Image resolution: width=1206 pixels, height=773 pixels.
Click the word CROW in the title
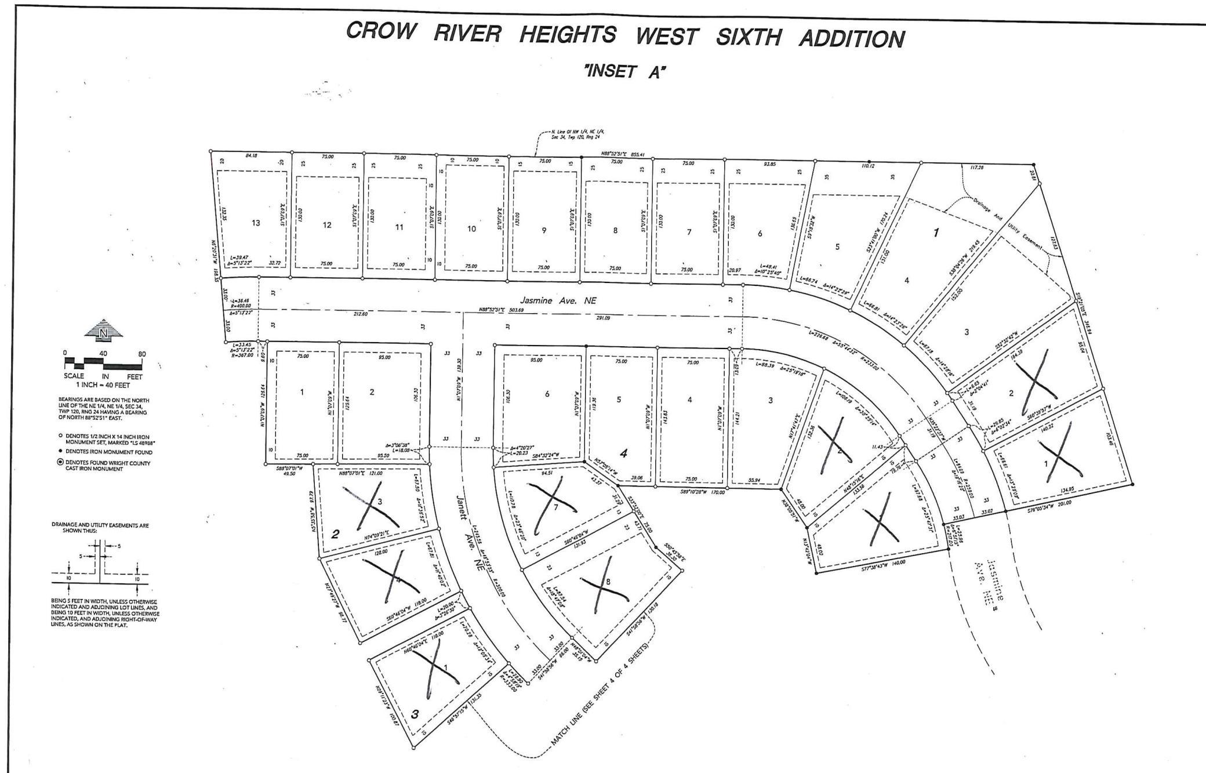[381, 32]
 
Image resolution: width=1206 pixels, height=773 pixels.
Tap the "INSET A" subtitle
[625, 72]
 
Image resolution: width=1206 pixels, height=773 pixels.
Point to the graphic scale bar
[103, 364]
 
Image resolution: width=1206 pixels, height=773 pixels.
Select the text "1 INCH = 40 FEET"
[103, 385]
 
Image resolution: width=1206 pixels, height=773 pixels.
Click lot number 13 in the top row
[256, 223]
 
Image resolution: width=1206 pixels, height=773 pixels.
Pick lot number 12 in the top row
[327, 225]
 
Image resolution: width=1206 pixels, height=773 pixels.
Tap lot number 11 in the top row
[399, 227]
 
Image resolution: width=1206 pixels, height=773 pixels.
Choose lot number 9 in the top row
[544, 230]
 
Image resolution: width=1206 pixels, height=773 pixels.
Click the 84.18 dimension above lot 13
[251, 155]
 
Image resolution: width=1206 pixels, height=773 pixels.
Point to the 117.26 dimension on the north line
[978, 168]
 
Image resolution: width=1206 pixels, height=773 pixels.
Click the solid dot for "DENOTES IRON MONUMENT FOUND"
[61, 451]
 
